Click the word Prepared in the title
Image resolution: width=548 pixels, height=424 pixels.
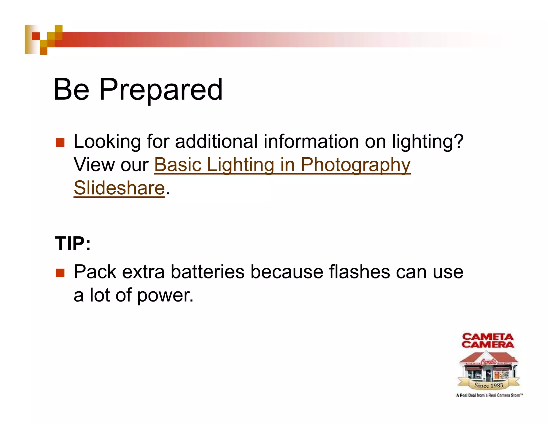click(161, 90)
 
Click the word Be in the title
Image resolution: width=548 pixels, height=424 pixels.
click(71, 90)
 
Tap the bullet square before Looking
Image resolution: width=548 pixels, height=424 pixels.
click(60, 142)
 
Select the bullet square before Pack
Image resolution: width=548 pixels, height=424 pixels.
click(60, 273)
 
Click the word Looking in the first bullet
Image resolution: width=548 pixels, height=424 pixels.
click(107, 142)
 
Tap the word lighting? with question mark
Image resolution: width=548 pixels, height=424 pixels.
click(427, 142)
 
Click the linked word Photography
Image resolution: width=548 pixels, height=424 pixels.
click(355, 165)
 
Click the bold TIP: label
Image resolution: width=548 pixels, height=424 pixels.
click(73, 244)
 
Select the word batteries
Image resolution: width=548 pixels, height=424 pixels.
click(207, 272)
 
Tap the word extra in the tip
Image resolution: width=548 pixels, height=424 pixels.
click(143, 272)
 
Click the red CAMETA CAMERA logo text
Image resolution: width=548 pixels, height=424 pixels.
click(488, 340)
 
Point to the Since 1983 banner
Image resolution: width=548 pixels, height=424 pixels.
click(489, 385)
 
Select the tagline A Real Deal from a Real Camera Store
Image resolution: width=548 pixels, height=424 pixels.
click(489, 395)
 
